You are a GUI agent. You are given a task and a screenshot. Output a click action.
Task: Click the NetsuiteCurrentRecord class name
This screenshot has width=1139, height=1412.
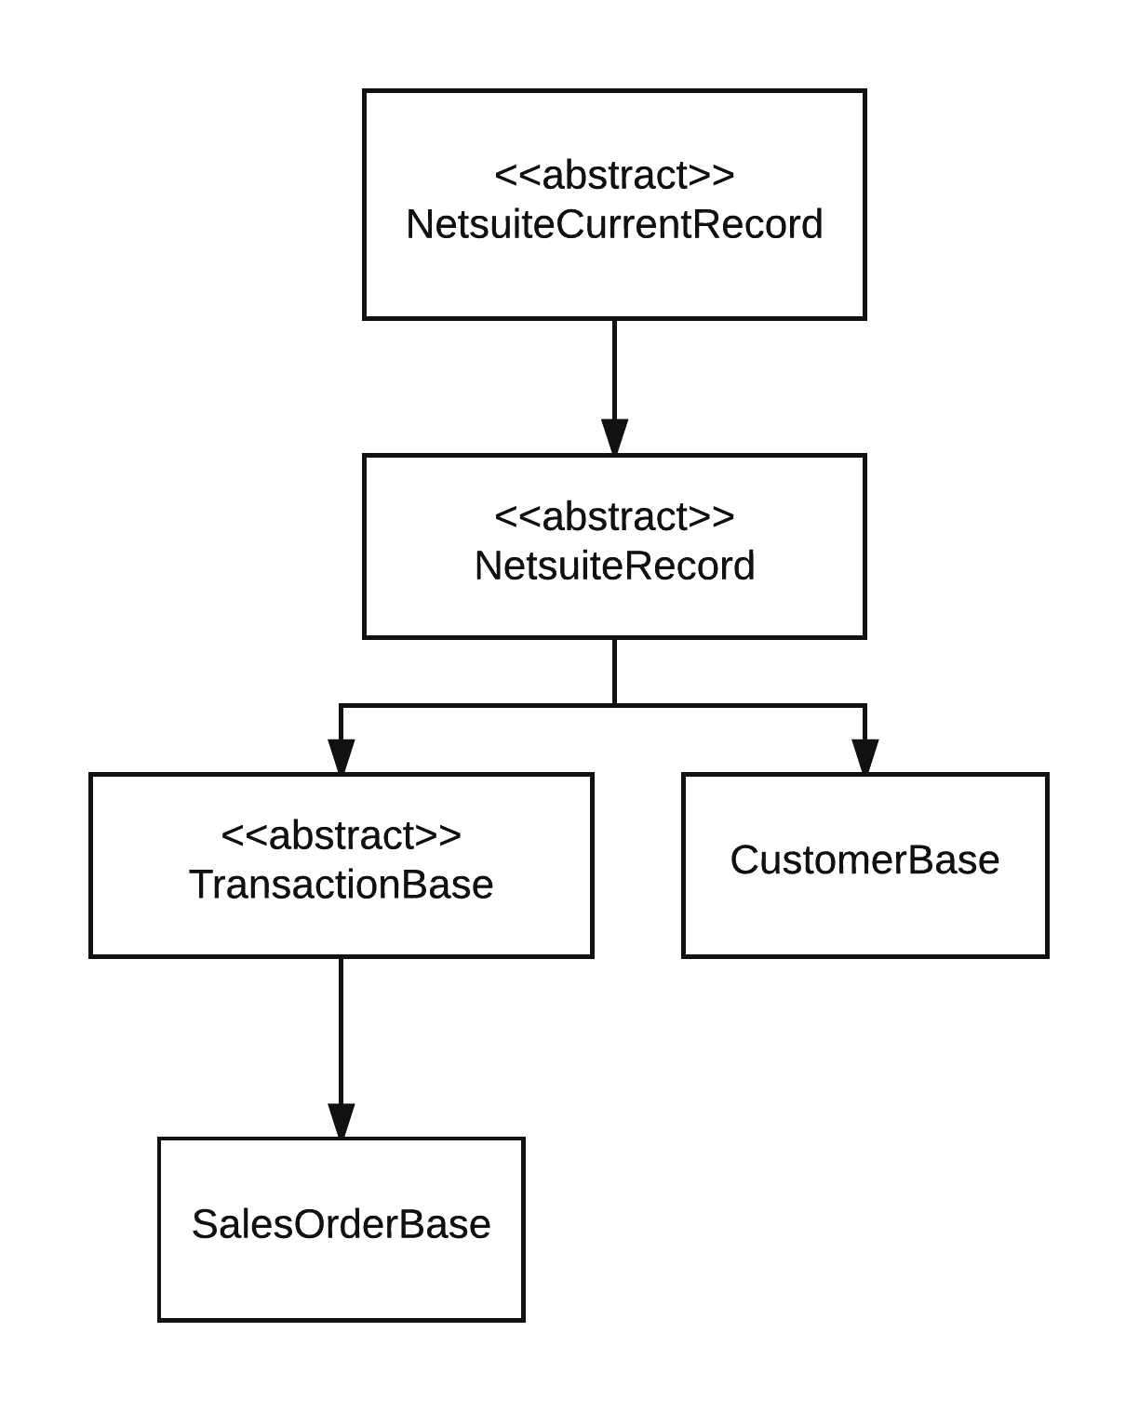pyautogui.click(x=614, y=225)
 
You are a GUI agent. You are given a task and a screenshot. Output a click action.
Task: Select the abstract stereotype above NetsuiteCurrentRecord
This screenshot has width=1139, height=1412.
pyautogui.click(x=614, y=175)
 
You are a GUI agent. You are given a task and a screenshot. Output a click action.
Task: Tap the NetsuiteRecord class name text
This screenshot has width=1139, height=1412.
pyautogui.click(x=614, y=566)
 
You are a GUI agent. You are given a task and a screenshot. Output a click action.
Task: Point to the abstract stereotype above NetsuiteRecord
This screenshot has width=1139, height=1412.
pyautogui.click(x=614, y=516)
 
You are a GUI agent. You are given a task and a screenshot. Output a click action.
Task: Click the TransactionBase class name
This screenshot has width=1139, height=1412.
pyautogui.click(x=341, y=884)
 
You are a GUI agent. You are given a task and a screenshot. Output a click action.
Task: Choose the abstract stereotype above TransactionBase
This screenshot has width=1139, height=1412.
pyautogui.click(x=341, y=835)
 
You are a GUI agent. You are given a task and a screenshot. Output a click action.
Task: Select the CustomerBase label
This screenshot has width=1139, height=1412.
pyautogui.click(x=864, y=859)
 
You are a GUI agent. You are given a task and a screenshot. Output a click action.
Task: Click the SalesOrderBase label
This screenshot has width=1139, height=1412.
pyautogui.click(x=341, y=1224)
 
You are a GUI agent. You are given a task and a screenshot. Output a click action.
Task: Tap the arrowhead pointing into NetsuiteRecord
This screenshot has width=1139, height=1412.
pyautogui.click(x=614, y=437)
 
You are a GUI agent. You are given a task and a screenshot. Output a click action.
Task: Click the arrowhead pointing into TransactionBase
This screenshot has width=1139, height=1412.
pyautogui.click(x=342, y=756)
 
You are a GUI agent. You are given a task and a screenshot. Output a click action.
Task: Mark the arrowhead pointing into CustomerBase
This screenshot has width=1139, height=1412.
pyautogui.click(x=864, y=756)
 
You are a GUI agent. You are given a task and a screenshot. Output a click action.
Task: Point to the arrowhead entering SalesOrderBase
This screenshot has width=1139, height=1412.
pyautogui.click(x=342, y=1121)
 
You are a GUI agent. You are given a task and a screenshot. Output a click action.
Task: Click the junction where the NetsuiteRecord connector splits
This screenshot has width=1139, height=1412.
pyautogui.click(x=614, y=705)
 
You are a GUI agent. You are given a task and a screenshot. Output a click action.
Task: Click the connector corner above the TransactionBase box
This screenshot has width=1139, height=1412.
pyautogui.click(x=342, y=706)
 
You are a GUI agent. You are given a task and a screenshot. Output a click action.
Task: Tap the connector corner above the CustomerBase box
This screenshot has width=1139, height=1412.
pyautogui.click(x=864, y=706)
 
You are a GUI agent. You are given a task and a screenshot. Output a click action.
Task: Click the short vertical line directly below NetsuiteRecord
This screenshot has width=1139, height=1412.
pyautogui.click(x=614, y=671)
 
